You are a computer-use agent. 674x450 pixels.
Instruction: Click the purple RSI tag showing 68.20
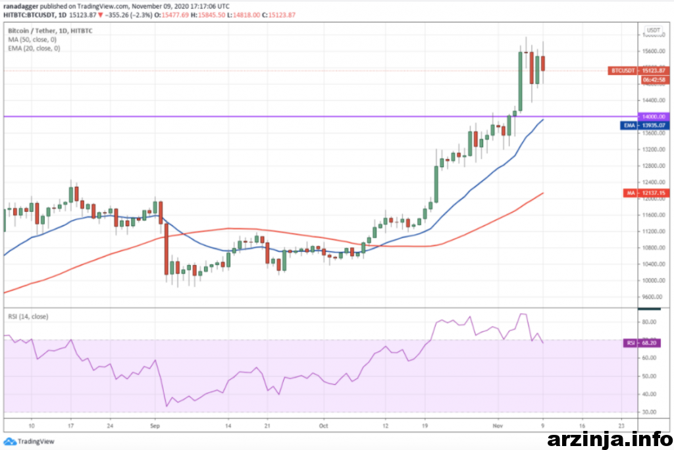pos(630,343)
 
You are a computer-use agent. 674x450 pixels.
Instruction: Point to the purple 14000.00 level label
pos(653,116)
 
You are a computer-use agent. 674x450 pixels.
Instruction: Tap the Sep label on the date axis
pos(155,426)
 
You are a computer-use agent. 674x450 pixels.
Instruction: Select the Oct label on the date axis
pos(324,426)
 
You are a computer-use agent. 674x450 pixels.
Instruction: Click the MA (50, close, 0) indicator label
pos(33,40)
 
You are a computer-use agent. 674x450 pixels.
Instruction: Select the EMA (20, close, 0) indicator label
pos(34,49)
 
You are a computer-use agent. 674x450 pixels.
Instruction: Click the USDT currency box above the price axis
pos(653,30)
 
